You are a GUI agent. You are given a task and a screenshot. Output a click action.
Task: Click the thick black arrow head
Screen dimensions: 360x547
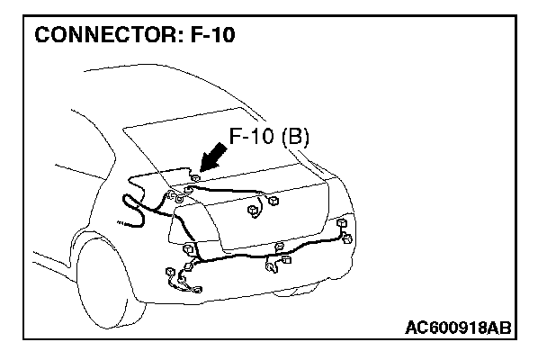click(205, 165)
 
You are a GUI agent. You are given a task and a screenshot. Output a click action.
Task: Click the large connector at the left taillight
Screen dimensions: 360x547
click(189, 249)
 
